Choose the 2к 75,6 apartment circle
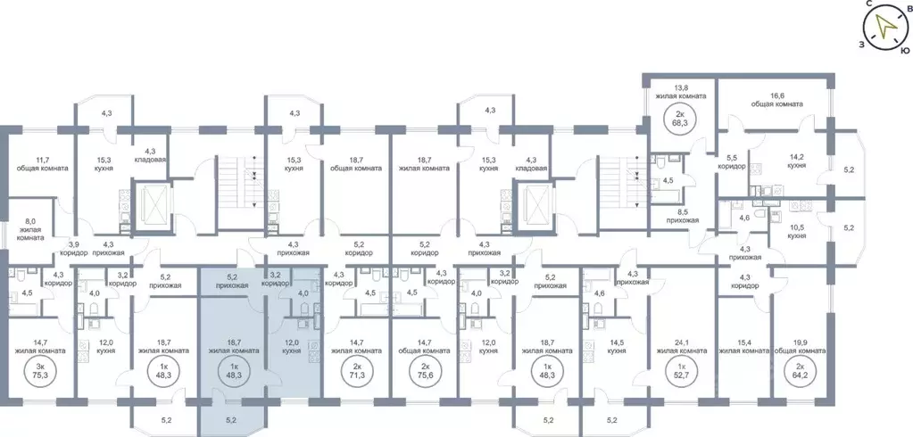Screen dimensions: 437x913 (421, 370)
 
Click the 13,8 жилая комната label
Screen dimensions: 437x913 (681, 92)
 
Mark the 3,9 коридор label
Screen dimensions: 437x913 (73, 246)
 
